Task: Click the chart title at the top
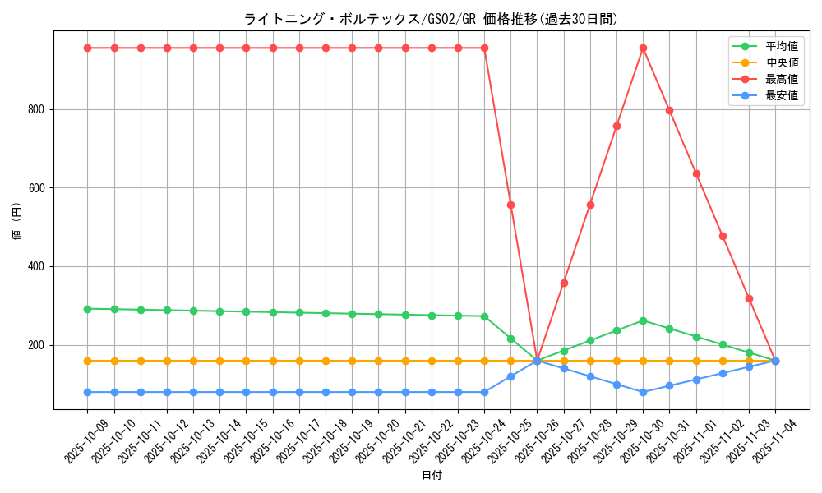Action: tap(431, 18)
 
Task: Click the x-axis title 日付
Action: tap(432, 476)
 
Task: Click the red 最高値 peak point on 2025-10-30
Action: tap(643, 48)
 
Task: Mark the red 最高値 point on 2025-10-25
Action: tap(510, 205)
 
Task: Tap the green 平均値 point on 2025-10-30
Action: tap(643, 320)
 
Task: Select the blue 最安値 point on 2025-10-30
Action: tap(643, 392)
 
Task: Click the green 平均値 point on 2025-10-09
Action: tap(87, 309)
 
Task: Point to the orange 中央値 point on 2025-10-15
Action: tap(246, 361)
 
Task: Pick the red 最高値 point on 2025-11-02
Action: tap(723, 236)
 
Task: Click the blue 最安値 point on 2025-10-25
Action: tap(510, 376)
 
